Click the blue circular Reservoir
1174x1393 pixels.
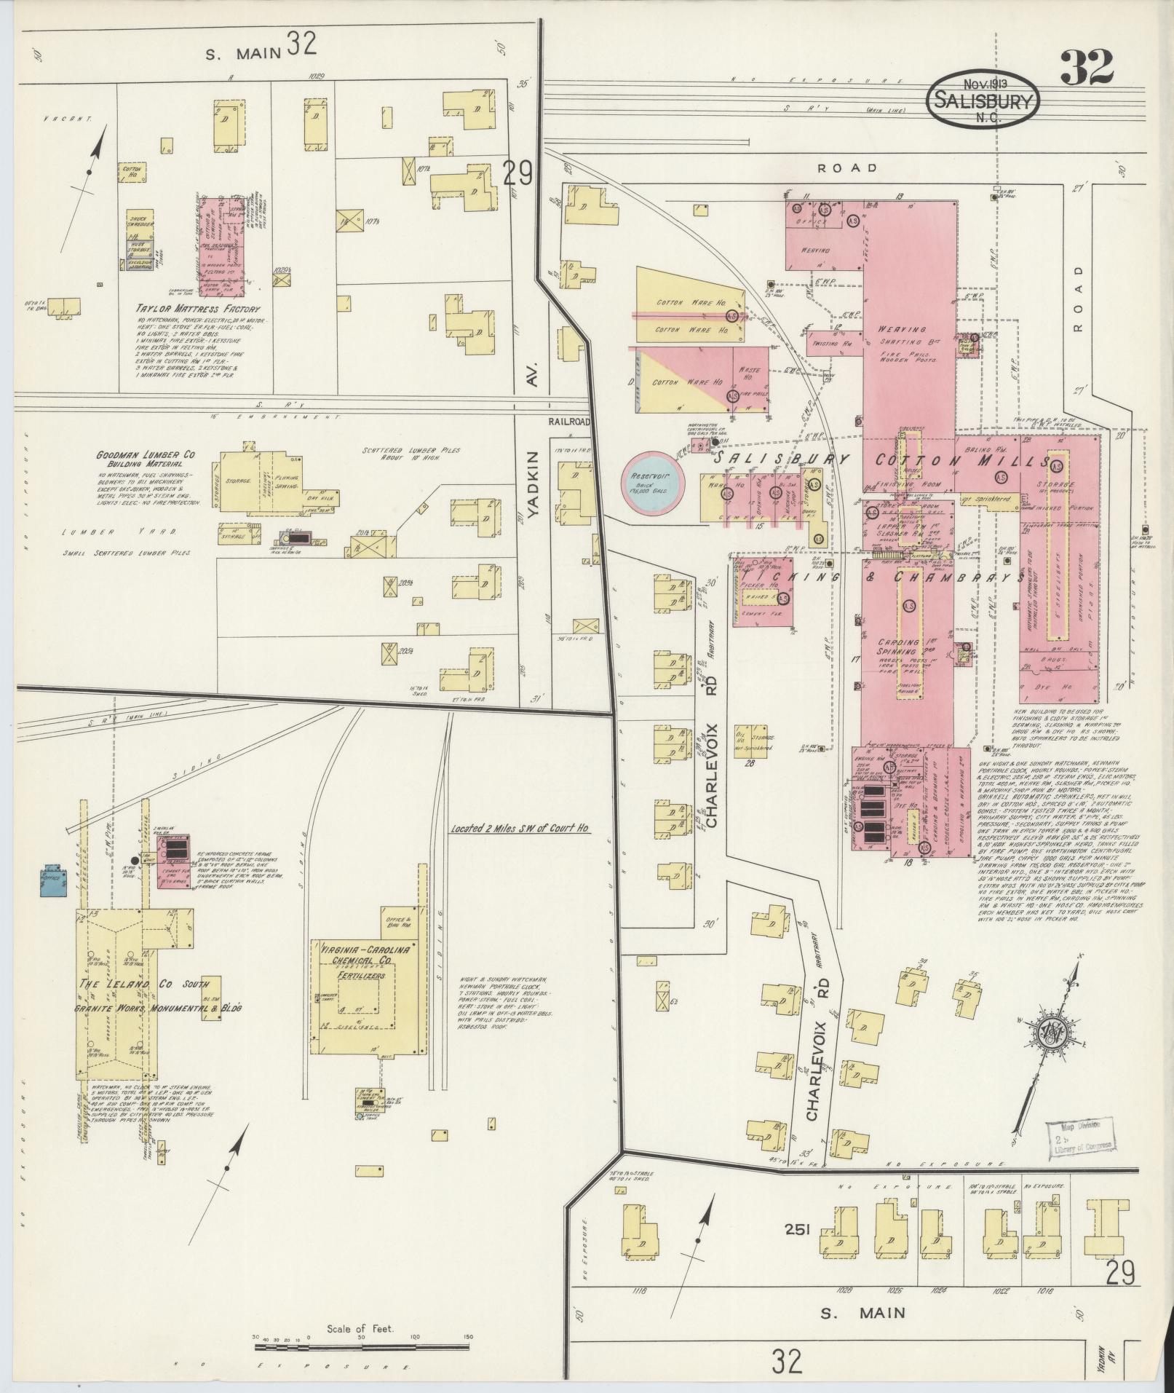[654, 482]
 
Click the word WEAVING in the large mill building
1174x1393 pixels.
[902, 329]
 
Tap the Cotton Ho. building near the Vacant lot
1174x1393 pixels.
[132, 172]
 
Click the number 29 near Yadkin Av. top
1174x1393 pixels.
[517, 173]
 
